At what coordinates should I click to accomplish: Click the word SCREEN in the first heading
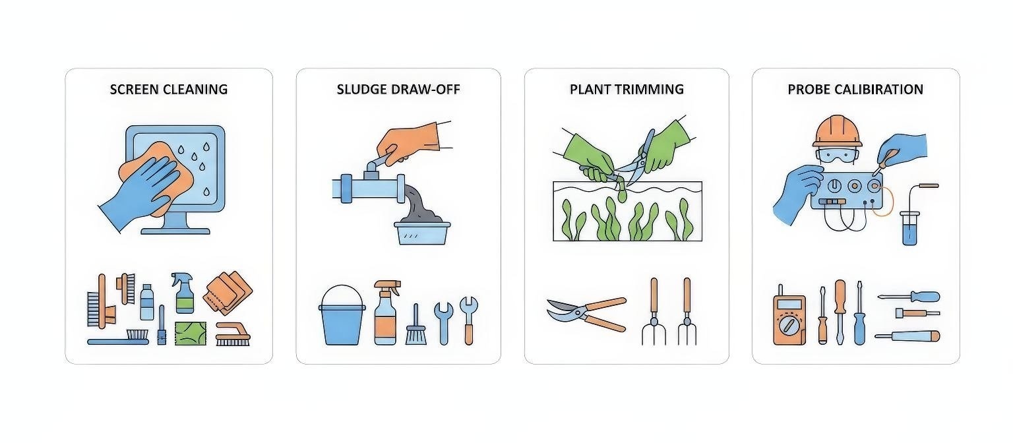[135, 89]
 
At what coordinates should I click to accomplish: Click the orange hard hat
[837, 131]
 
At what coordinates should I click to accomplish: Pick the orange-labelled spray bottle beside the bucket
[386, 313]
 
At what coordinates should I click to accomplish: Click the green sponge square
[191, 334]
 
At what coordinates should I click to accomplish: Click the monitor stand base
[175, 231]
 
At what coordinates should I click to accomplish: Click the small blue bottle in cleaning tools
[147, 302]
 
